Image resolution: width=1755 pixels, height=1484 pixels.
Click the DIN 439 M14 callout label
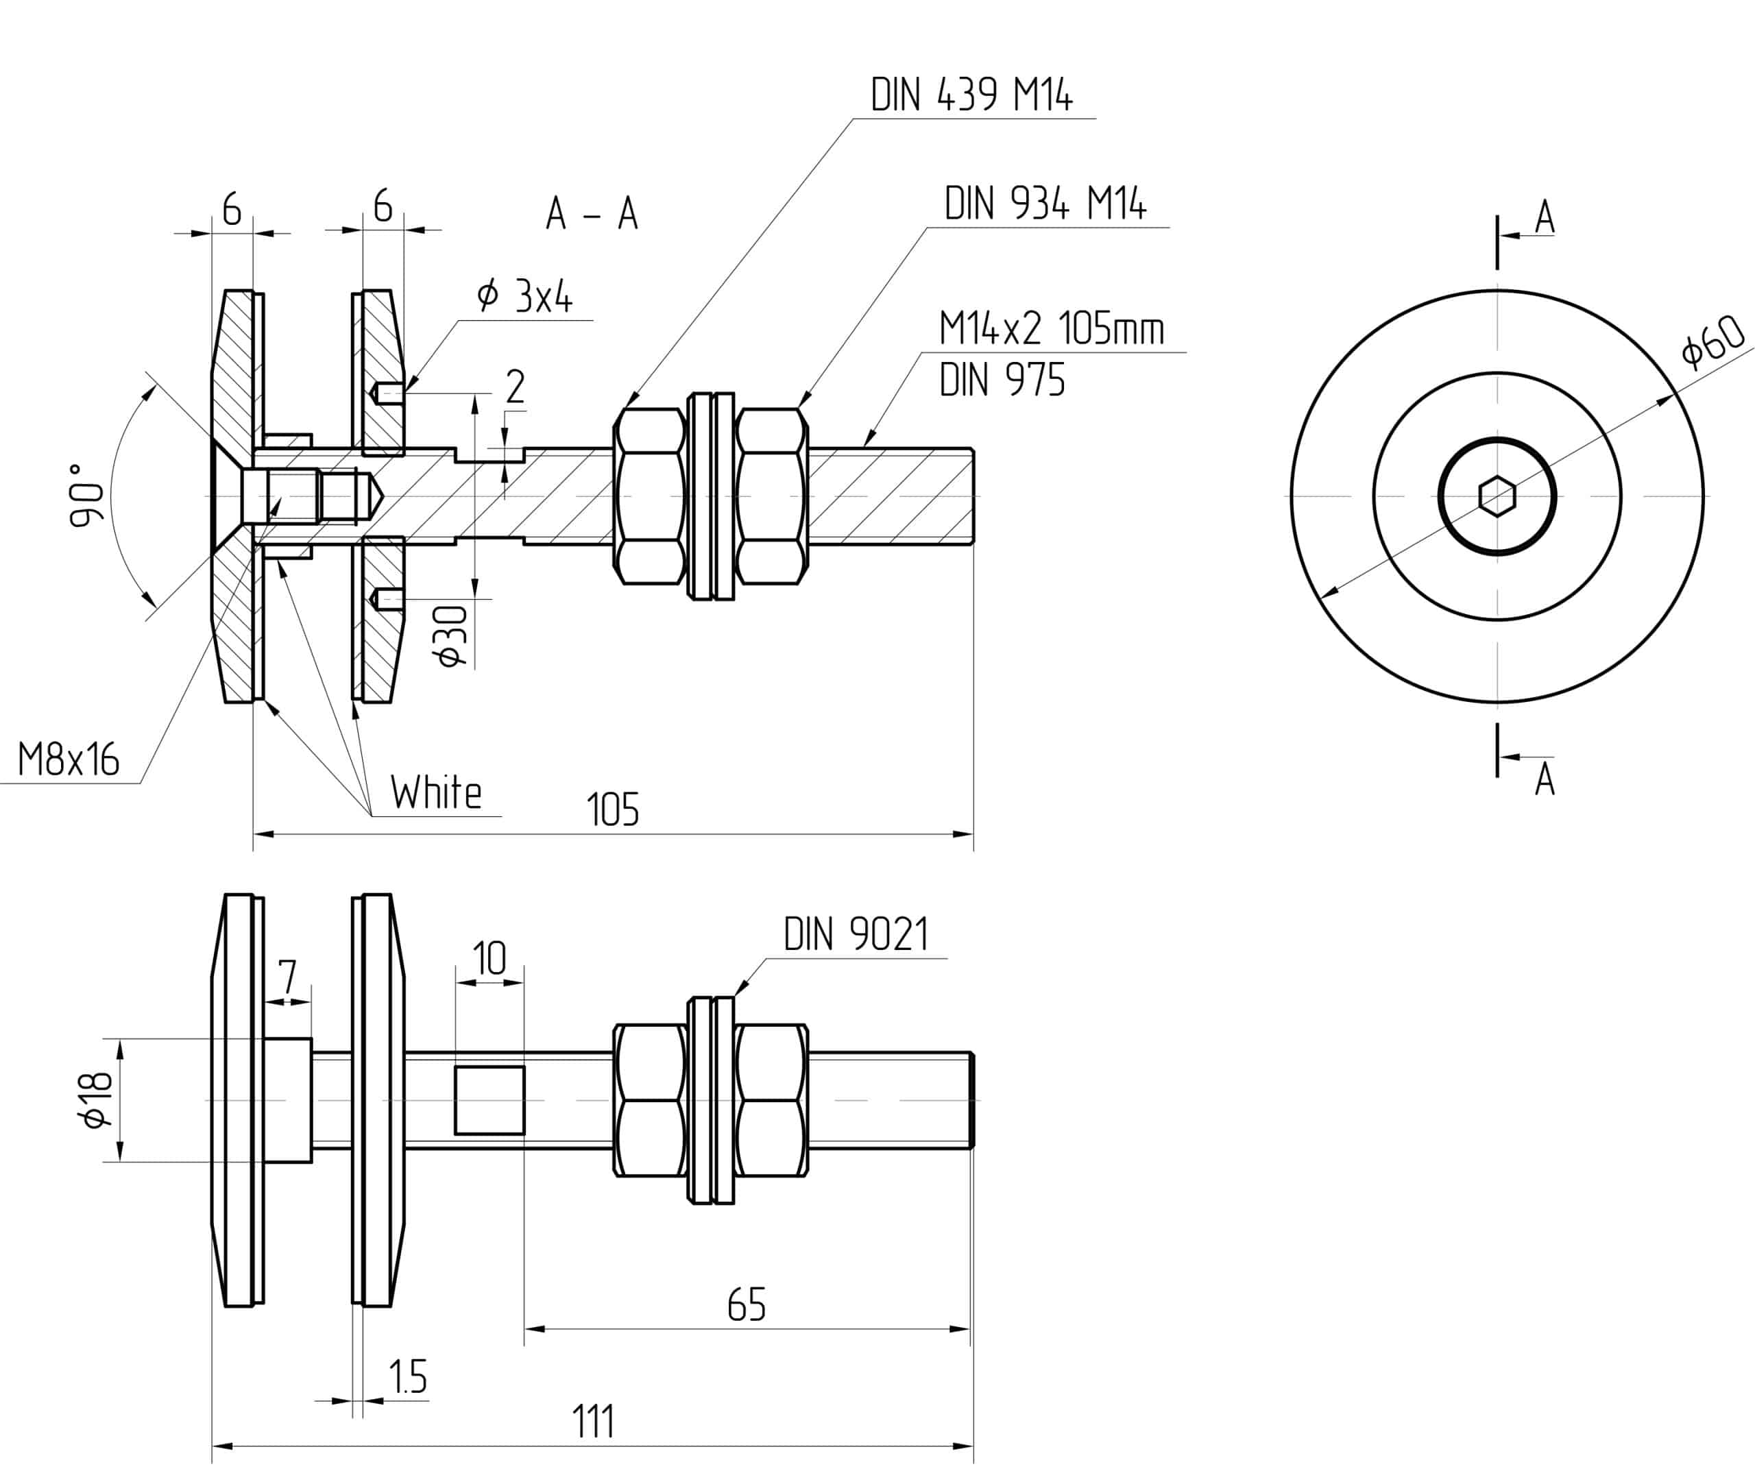click(971, 95)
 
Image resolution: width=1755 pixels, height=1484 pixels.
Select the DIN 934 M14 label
click(1045, 204)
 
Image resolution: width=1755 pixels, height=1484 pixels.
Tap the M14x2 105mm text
click(1052, 328)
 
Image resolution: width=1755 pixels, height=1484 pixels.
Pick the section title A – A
click(592, 214)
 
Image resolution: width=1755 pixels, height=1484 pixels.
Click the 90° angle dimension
click(86, 495)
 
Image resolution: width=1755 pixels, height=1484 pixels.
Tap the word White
click(436, 792)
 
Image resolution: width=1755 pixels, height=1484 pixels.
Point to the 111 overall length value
click(593, 1422)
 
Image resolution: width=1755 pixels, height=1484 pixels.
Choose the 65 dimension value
click(747, 1305)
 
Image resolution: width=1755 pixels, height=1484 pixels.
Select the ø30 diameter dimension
click(452, 635)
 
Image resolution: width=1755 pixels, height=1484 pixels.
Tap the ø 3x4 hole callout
click(524, 296)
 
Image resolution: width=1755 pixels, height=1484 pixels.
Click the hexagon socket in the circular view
click(1497, 496)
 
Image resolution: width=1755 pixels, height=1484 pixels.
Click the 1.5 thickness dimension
click(408, 1377)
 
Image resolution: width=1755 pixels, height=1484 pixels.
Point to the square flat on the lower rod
click(489, 1100)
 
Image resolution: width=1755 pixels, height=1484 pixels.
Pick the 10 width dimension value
click(489, 959)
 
